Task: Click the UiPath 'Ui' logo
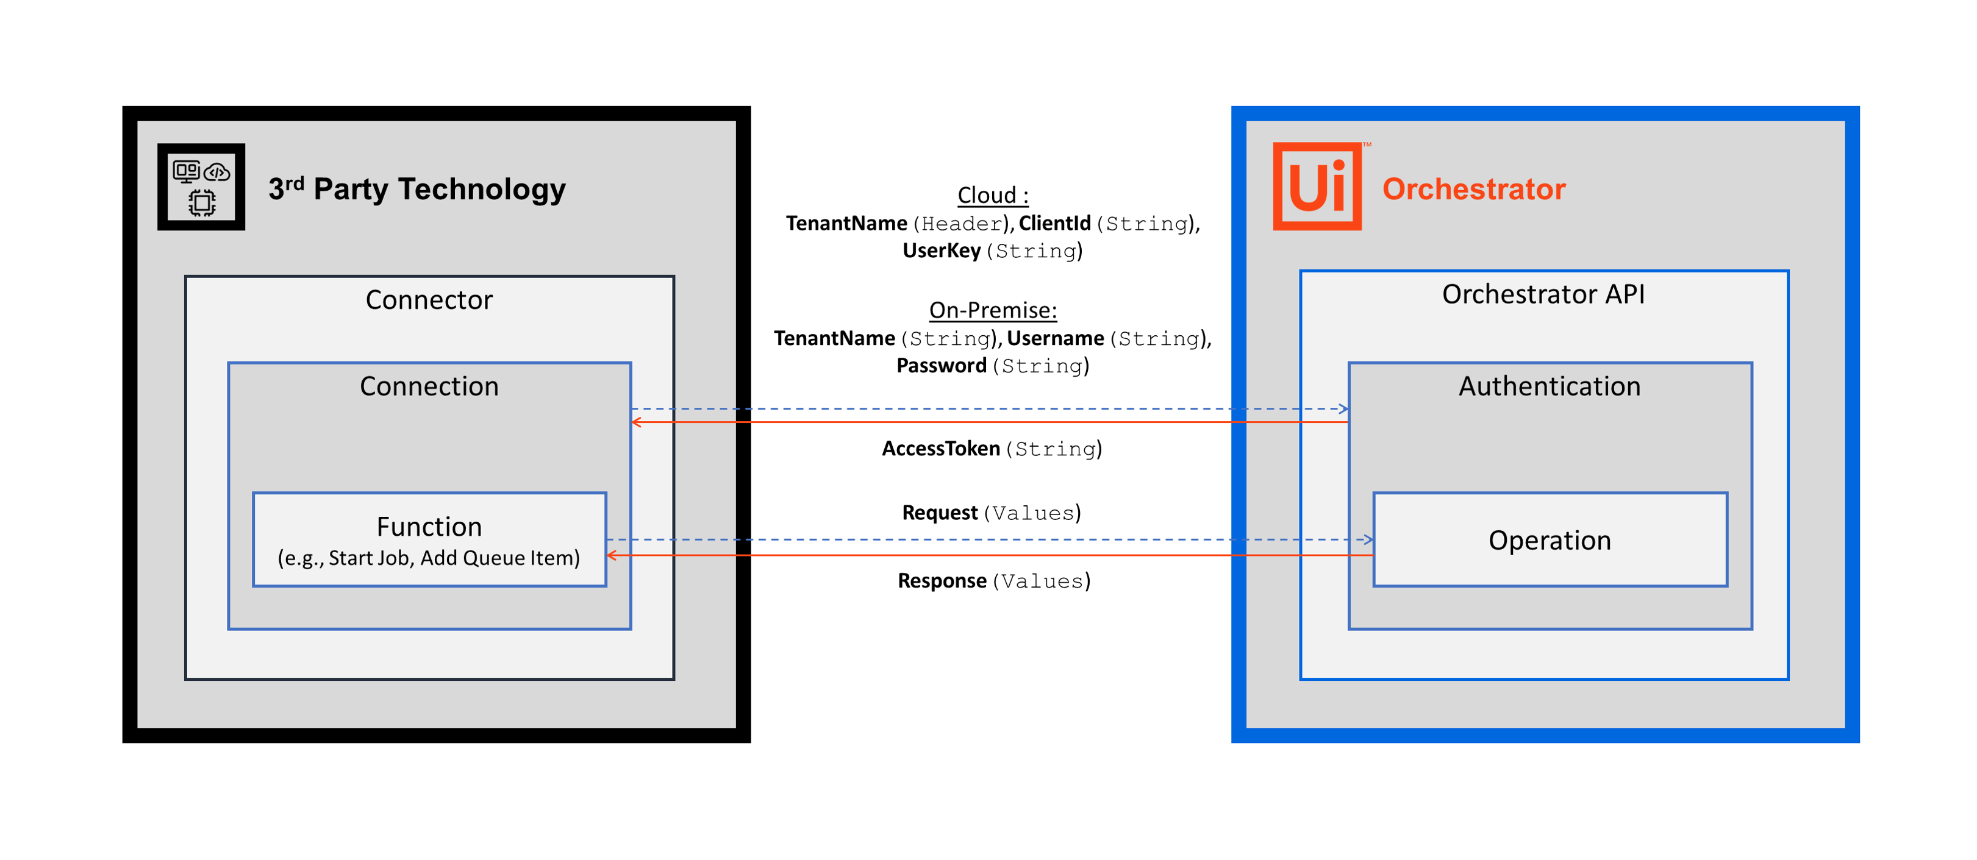[x=1317, y=187]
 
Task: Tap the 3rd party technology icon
[x=201, y=187]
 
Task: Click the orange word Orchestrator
[x=1473, y=189]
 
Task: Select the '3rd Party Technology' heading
[x=416, y=189]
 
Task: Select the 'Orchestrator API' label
[x=1543, y=294]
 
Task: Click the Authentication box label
[x=1549, y=386]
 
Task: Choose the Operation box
[x=1549, y=540]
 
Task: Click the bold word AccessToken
[x=940, y=449]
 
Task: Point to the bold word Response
[x=942, y=581]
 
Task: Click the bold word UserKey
[x=941, y=251]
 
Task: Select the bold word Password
[x=941, y=366]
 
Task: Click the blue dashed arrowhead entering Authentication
[x=1343, y=409]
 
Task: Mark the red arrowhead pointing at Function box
[x=612, y=555]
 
